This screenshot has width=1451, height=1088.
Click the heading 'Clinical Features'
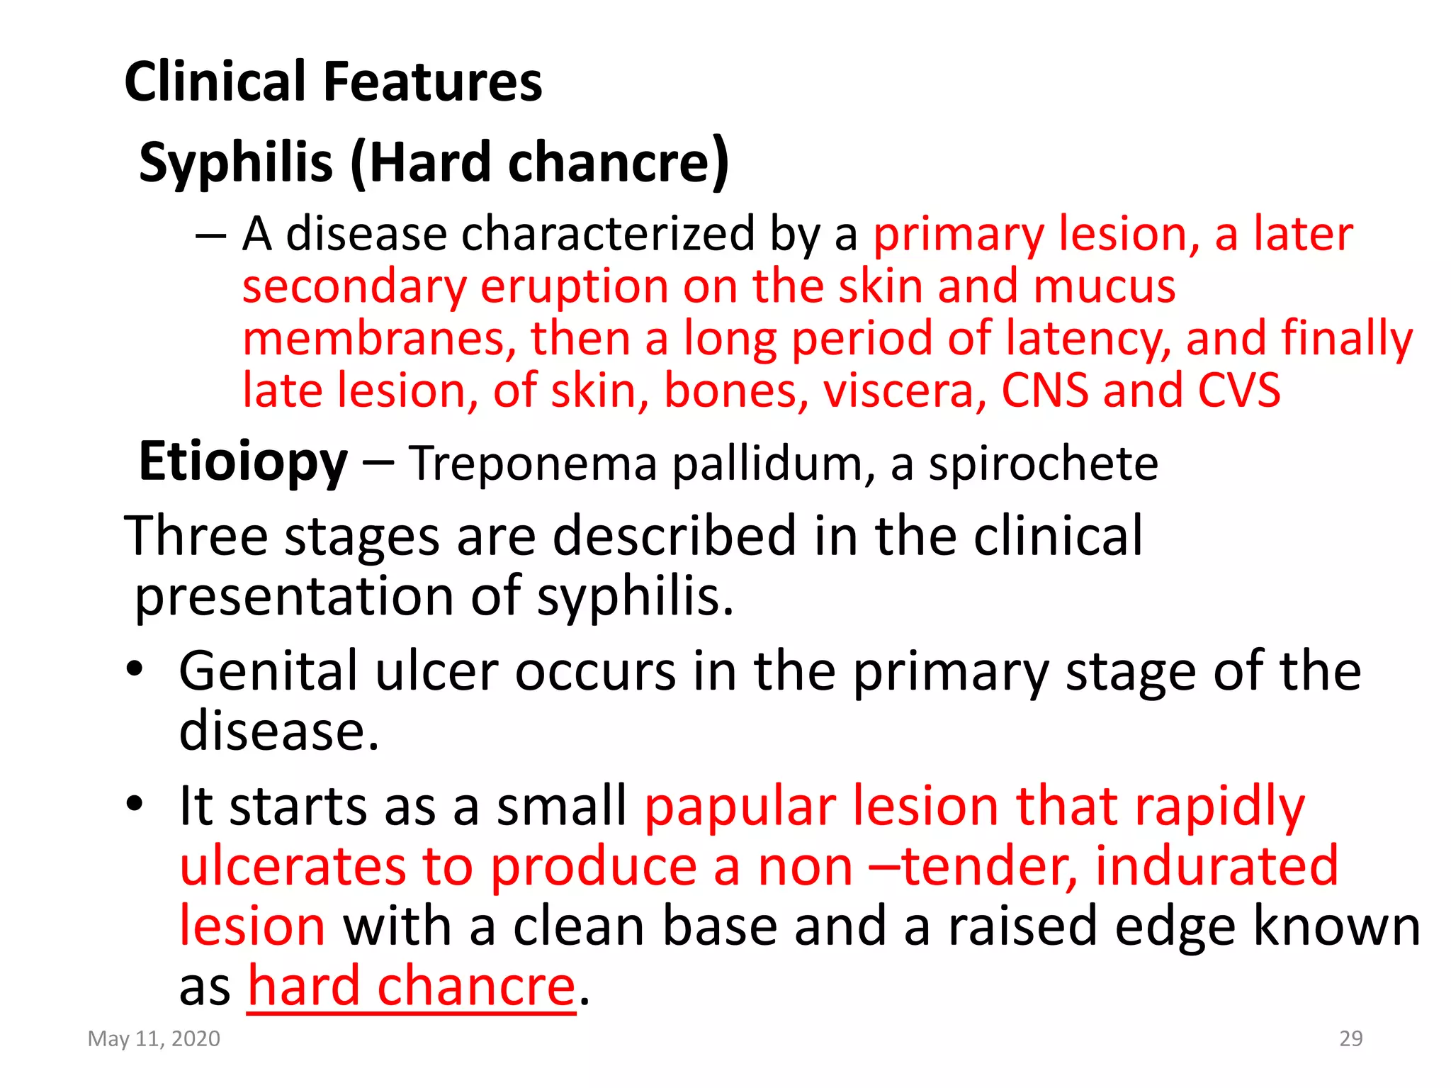333,82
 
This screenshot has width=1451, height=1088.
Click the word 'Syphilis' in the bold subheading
236,162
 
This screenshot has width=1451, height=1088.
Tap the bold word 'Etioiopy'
243,462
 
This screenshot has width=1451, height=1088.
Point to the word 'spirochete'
1043,464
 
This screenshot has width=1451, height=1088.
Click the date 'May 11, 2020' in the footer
154,1038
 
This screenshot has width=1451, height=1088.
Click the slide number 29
1350,1038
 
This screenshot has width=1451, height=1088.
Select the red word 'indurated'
1216,866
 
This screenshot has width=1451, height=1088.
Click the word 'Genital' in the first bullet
269,671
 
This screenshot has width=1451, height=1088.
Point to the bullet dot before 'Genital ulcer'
135,668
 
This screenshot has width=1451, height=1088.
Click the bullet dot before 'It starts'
135,804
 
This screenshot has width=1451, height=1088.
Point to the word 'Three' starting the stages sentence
196,536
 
